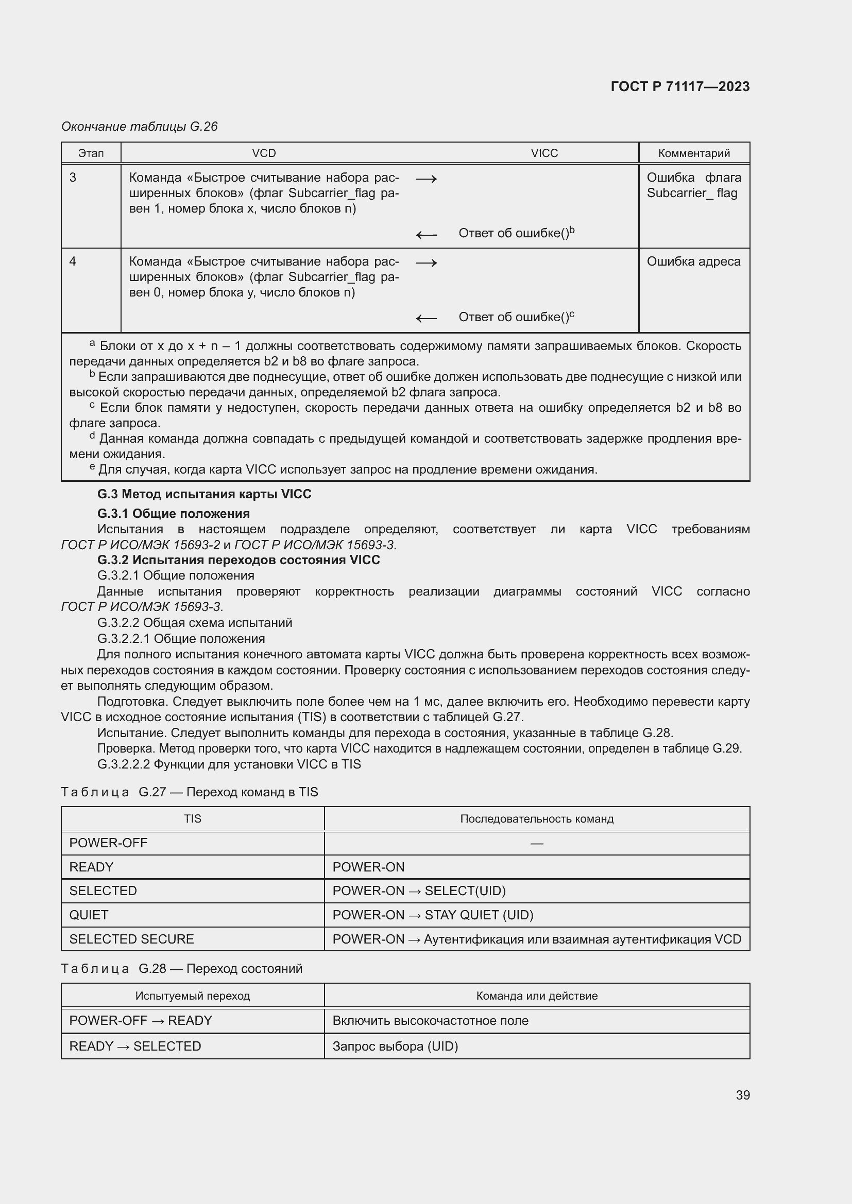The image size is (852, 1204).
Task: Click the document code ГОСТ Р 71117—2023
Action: pyautogui.click(x=680, y=86)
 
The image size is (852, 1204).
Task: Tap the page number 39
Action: pyautogui.click(x=742, y=1095)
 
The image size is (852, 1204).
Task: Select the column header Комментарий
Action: pyautogui.click(x=693, y=153)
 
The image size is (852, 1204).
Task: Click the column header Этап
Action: pyautogui.click(x=91, y=153)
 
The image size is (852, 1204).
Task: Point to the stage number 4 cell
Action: pyautogui.click(x=73, y=261)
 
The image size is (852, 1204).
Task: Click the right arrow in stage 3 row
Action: pyautogui.click(x=426, y=179)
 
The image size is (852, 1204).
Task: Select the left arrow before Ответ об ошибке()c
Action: pyautogui.click(x=426, y=318)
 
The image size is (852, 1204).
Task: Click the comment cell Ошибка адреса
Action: pyautogui.click(x=693, y=261)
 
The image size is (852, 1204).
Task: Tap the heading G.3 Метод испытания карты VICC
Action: pyautogui.click(x=204, y=494)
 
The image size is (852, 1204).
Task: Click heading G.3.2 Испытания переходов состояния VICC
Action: pyautogui.click(x=238, y=560)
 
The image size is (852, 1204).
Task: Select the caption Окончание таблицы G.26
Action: pyautogui.click(x=139, y=127)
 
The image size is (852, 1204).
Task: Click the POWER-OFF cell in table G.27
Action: pyautogui.click(x=108, y=843)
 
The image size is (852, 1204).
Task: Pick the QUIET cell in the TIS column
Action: pyautogui.click(x=89, y=915)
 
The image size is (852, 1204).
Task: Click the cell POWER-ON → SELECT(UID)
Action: pyautogui.click(x=419, y=891)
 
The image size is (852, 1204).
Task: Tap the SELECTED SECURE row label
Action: pyautogui.click(x=131, y=939)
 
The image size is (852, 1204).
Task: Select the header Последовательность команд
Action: pyautogui.click(x=536, y=818)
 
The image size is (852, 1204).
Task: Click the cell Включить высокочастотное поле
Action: pyautogui.click(x=430, y=1020)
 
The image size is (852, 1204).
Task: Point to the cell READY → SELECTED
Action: pyautogui.click(x=135, y=1046)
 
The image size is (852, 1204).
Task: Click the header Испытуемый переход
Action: pyautogui.click(x=192, y=996)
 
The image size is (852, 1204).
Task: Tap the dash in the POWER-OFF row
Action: pyautogui.click(x=536, y=843)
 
